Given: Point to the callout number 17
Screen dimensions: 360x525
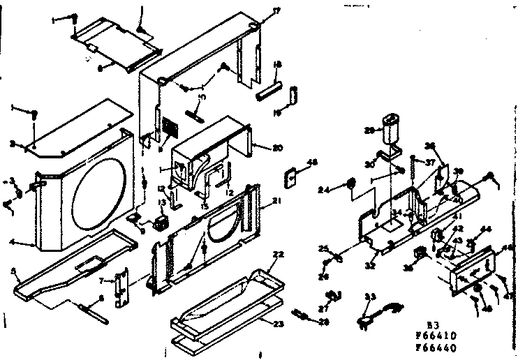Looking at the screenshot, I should coord(257,10).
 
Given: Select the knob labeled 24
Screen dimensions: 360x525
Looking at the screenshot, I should coord(352,186).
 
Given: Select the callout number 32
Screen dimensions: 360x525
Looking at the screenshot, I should coord(371,266).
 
